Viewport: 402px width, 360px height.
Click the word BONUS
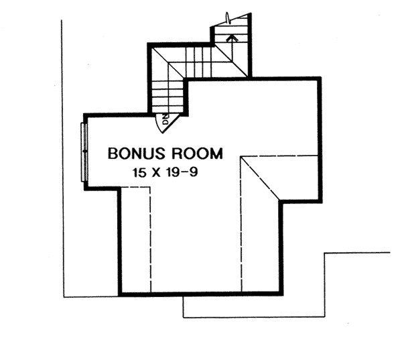point(136,154)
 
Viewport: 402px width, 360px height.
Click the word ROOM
point(197,154)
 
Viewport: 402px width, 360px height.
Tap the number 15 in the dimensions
point(139,172)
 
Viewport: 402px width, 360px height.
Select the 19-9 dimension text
point(182,172)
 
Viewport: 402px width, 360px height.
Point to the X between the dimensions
point(156,173)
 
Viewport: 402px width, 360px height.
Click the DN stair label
point(166,119)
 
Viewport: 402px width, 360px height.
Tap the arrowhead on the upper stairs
point(232,38)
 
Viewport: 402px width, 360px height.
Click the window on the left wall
point(84,152)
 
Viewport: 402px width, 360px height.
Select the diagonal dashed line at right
point(260,178)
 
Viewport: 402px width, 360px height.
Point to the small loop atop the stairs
point(228,19)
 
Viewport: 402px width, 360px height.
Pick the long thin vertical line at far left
point(62,159)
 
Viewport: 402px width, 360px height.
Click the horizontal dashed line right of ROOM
point(279,156)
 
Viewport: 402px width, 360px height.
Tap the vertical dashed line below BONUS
point(150,239)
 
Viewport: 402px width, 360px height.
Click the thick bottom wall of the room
point(200,294)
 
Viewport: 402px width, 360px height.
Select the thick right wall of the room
point(320,140)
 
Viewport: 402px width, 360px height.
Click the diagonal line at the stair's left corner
point(168,63)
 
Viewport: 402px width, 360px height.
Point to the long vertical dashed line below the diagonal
point(241,225)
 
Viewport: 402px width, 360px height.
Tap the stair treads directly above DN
point(167,97)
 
